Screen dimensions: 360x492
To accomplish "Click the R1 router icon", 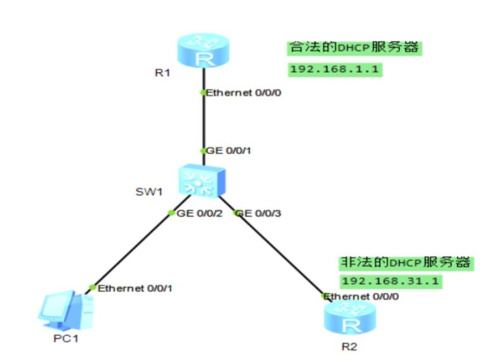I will pyautogui.click(x=203, y=52).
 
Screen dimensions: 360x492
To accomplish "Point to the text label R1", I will pyautogui.click(x=163, y=73).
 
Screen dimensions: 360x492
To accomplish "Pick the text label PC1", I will pyautogui.click(x=66, y=337).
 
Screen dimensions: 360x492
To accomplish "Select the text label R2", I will pyautogui.click(x=349, y=346).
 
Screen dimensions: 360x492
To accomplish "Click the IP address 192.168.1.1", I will pyautogui.click(x=335, y=69).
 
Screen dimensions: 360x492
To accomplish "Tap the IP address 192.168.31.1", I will pyautogui.click(x=390, y=281).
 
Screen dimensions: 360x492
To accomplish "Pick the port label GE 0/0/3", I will pyautogui.click(x=260, y=213).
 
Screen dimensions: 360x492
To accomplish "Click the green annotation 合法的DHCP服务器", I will pyautogui.click(x=354, y=48).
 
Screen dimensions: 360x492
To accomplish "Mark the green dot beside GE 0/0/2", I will pyautogui.click(x=171, y=213).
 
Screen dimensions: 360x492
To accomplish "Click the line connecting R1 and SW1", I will pyautogui.click(x=203, y=123).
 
